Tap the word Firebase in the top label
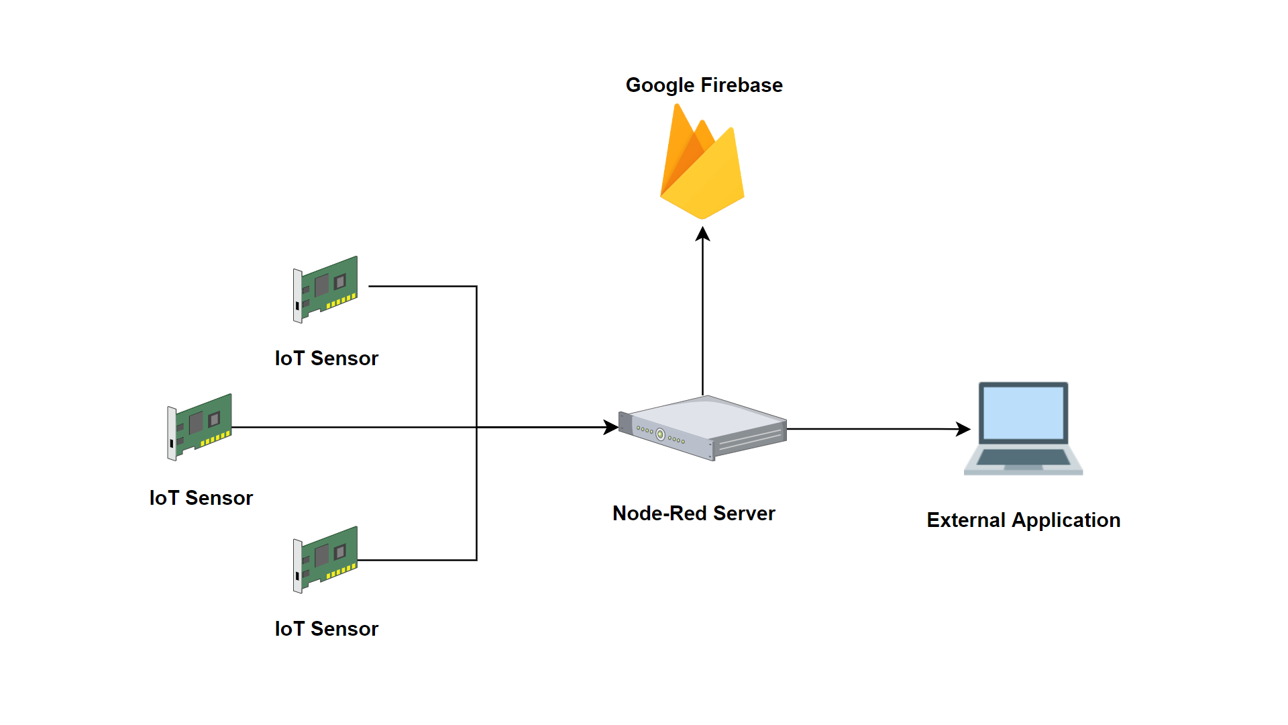(741, 85)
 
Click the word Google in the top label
(659, 85)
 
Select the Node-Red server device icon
(703, 428)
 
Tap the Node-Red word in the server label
(659, 514)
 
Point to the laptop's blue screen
(1023, 412)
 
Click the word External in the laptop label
(965, 520)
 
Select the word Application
(1066, 520)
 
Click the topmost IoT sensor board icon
(326, 289)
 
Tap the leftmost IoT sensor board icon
(200, 427)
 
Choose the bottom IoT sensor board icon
(326, 559)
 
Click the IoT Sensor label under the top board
(327, 358)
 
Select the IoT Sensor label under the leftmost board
(201, 498)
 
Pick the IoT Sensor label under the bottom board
(327, 629)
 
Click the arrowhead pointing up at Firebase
(702, 234)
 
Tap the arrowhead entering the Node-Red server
(610, 427)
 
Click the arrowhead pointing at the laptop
(963, 429)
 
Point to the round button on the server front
(660, 434)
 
